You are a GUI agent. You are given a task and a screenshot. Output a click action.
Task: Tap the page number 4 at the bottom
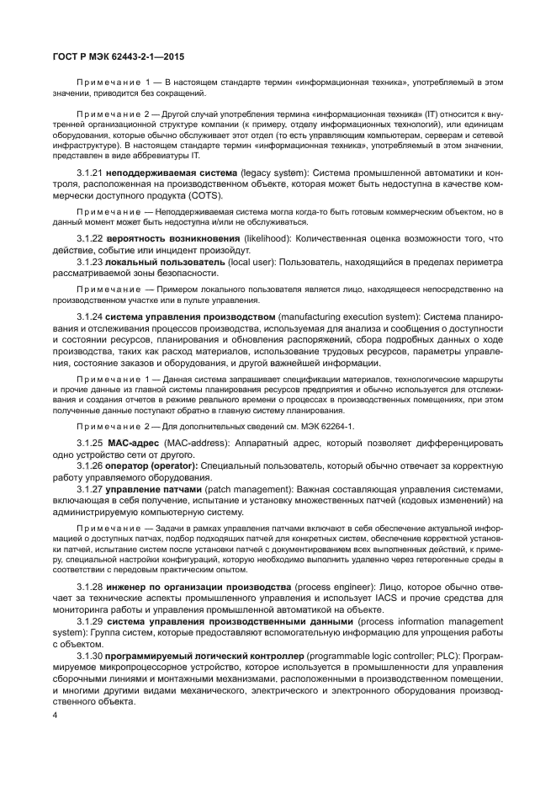tap(55, 715)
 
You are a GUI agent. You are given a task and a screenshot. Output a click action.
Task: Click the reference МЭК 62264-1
tap(328, 427)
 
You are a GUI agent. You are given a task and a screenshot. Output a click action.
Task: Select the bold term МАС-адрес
tap(135, 442)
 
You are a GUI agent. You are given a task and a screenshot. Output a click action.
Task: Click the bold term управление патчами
tap(154, 488)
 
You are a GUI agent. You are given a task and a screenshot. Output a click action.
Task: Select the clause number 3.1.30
tap(92, 654)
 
